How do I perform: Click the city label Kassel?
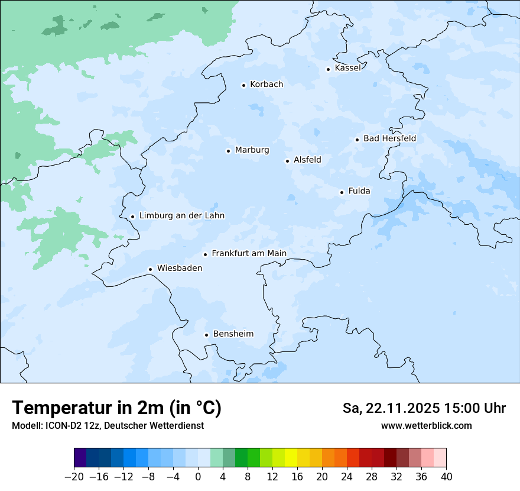click(x=347, y=68)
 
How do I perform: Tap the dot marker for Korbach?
click(x=243, y=85)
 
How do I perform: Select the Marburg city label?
click(x=252, y=150)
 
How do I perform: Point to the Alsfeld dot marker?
click(x=287, y=161)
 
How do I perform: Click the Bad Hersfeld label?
click(x=389, y=138)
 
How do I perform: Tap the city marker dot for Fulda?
click(x=342, y=192)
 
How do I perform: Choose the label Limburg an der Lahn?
click(x=181, y=216)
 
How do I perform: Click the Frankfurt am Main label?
click(x=249, y=254)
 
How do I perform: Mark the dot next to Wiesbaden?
click(x=150, y=269)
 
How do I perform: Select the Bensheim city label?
click(x=233, y=334)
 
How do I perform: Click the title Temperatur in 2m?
click(x=117, y=408)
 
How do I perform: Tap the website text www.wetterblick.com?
click(x=426, y=426)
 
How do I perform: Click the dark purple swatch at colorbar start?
click(x=80, y=458)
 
